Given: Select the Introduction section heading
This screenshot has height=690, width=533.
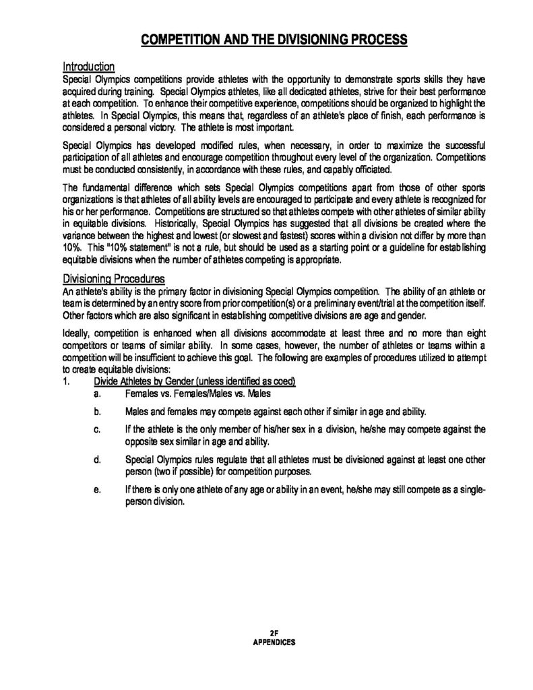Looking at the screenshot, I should (x=88, y=67).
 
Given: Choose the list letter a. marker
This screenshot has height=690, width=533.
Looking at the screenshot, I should (x=98, y=393).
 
